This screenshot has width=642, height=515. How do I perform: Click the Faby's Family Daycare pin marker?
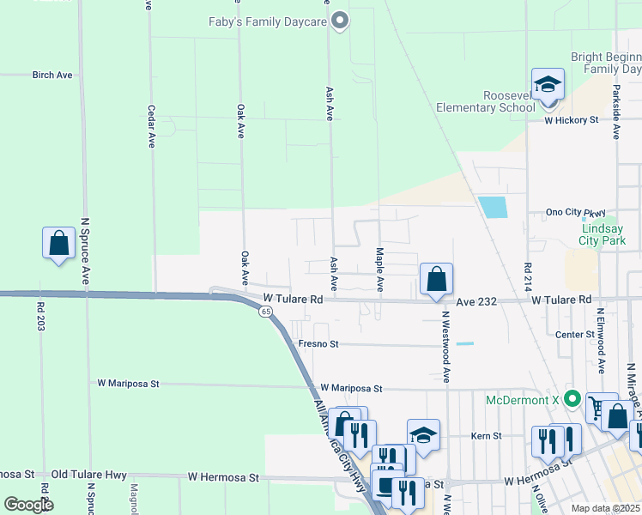(x=340, y=21)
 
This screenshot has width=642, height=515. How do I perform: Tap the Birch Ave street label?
(x=52, y=76)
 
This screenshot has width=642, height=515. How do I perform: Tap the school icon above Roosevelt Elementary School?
(x=548, y=85)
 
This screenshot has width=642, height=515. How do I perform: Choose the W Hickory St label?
(x=571, y=121)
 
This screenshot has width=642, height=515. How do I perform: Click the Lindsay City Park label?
(x=609, y=236)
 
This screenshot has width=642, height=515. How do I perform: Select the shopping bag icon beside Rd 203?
(x=58, y=244)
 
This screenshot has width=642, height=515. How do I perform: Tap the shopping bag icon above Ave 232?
(x=436, y=279)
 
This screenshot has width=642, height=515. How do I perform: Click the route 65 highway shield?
(x=267, y=312)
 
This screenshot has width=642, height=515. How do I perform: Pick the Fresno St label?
(x=318, y=343)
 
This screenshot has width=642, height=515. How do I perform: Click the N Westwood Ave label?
(x=446, y=346)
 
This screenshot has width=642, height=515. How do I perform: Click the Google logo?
(x=27, y=505)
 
